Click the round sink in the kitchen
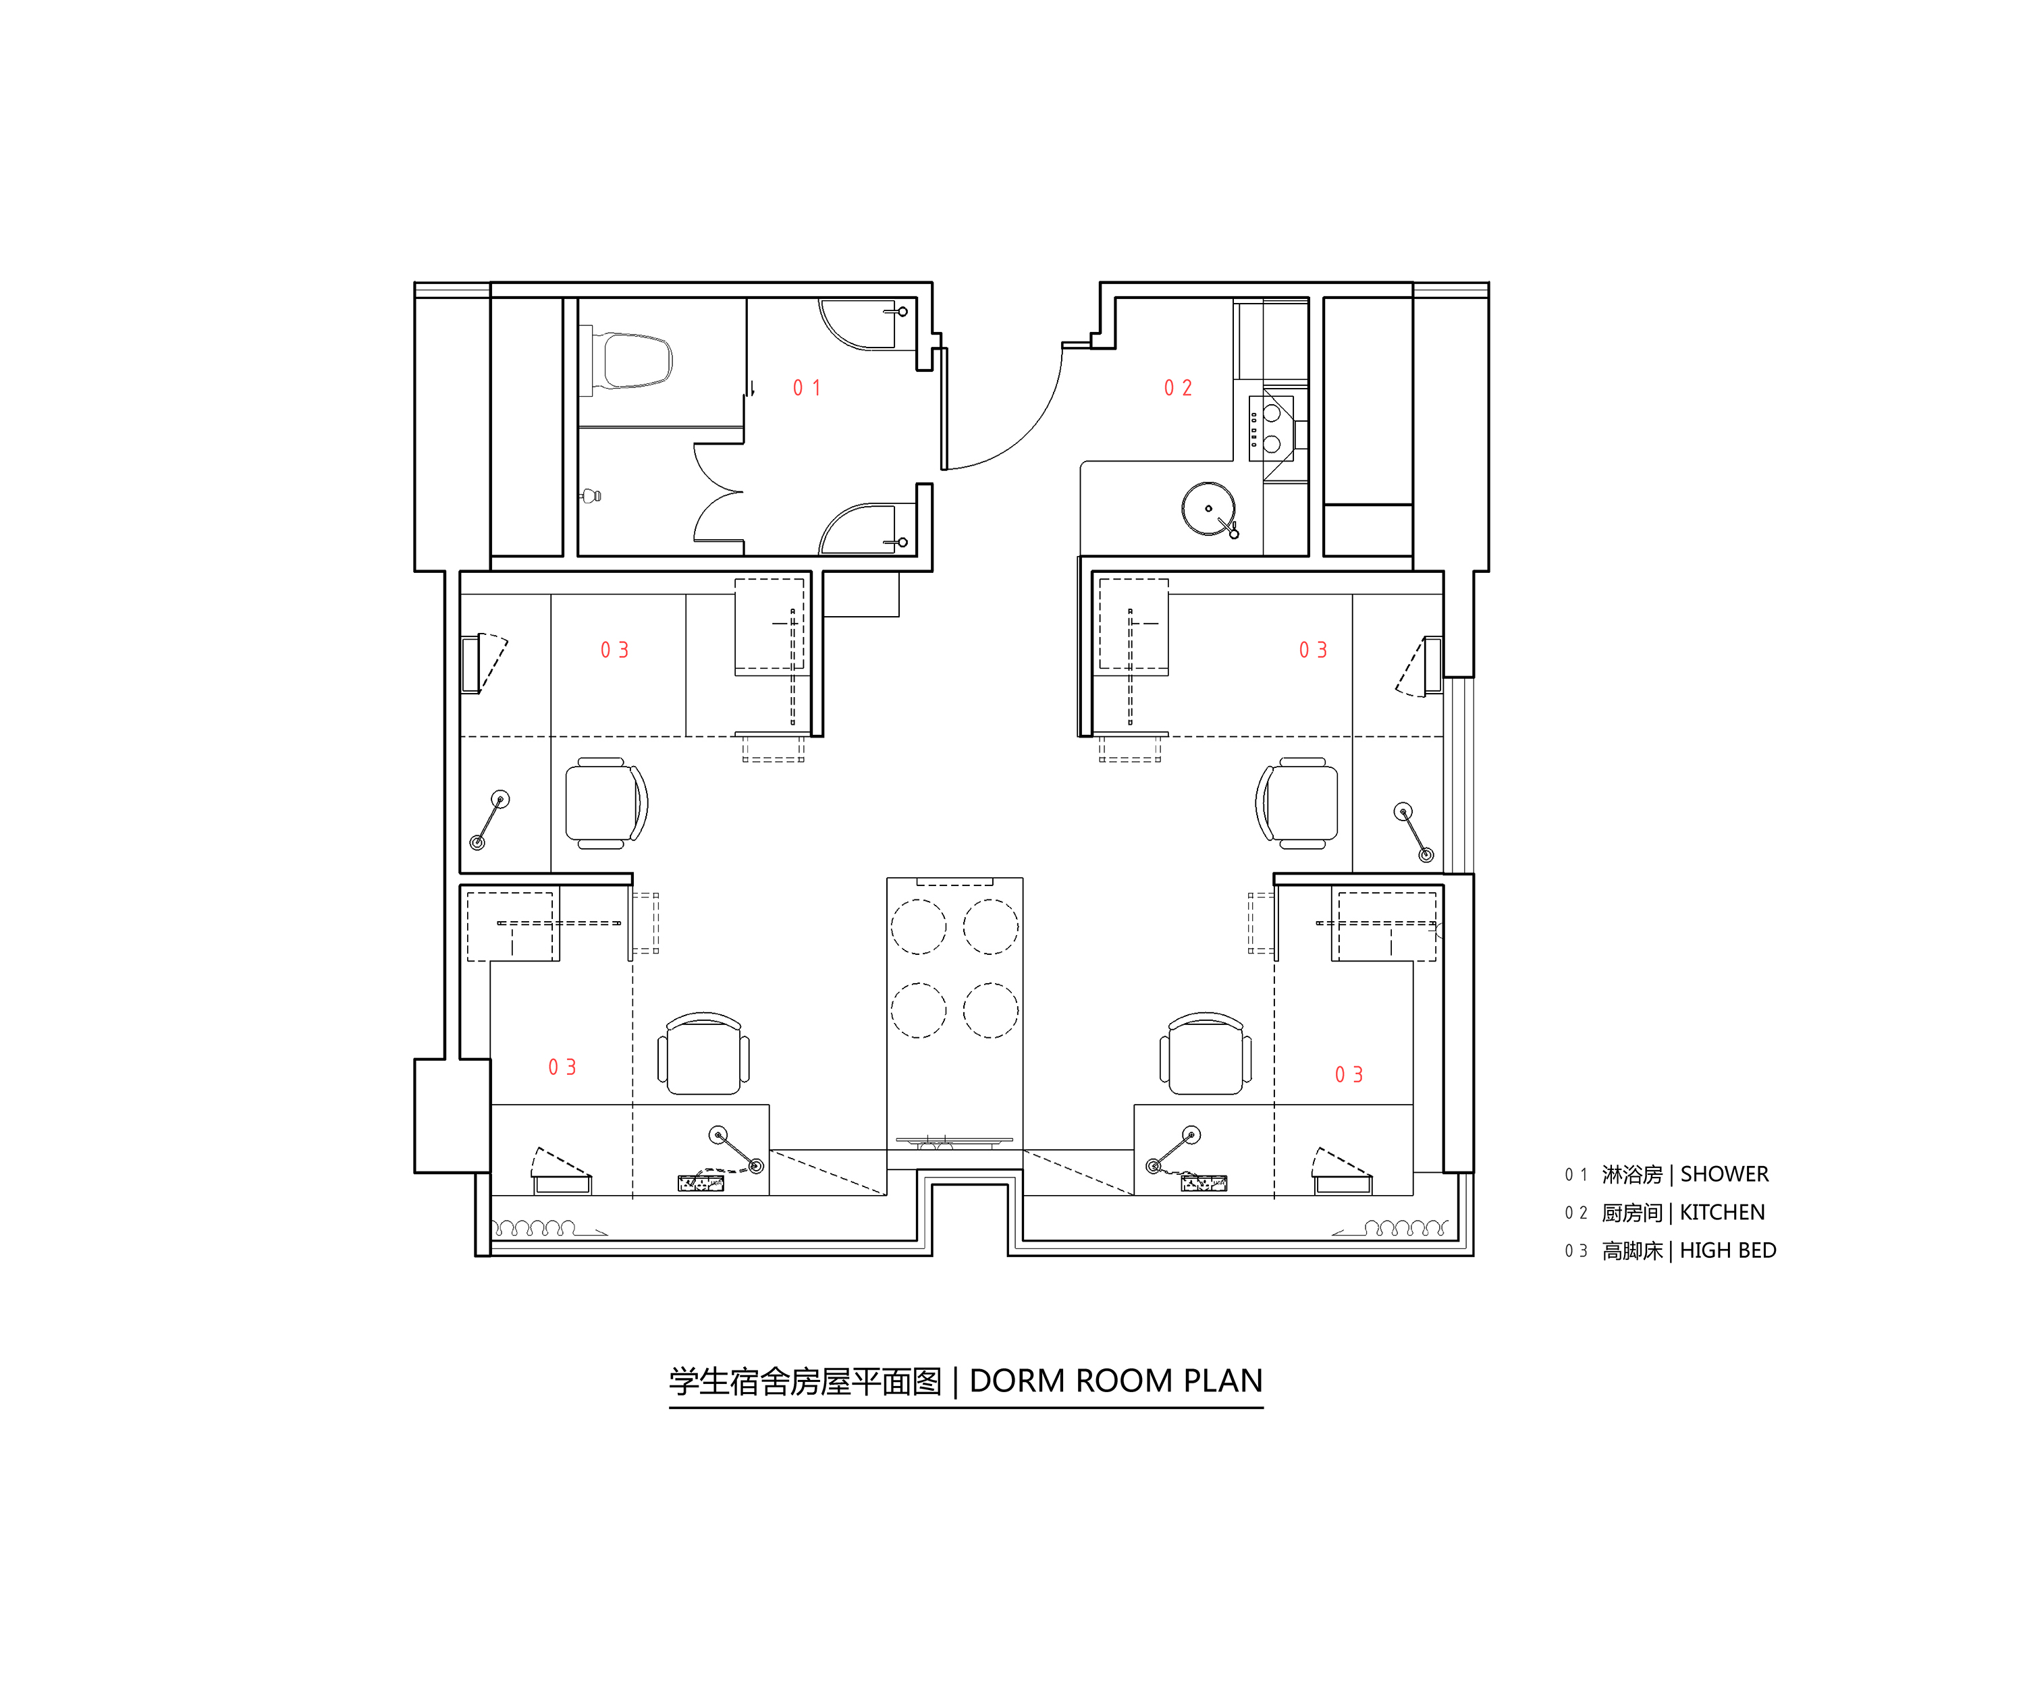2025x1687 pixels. click(x=1208, y=508)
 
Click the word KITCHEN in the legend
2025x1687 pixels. click(x=1722, y=1213)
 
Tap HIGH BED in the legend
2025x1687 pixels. click(x=1727, y=1250)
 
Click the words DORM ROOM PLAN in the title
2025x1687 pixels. click(x=1116, y=1381)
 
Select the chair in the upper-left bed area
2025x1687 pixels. click(x=605, y=803)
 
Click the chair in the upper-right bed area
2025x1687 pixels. click(x=1299, y=803)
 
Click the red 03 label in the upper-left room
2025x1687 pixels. click(x=614, y=650)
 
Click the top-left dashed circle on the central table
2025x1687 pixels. click(x=918, y=927)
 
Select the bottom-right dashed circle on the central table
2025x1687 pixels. click(x=990, y=1010)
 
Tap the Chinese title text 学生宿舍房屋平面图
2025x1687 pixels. click(x=805, y=1381)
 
